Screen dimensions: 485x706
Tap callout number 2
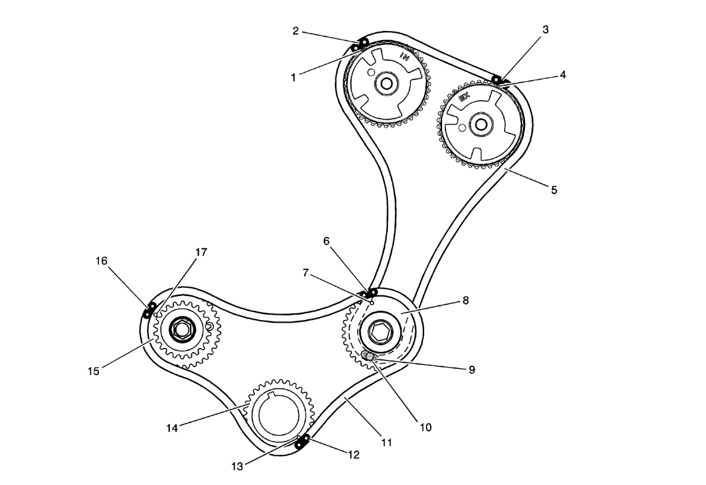(x=296, y=30)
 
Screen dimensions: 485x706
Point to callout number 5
(x=553, y=191)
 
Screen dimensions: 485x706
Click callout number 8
(x=465, y=301)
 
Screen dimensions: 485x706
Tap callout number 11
(x=387, y=442)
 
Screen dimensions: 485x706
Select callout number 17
(x=201, y=252)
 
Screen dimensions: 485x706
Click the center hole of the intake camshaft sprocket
(x=385, y=85)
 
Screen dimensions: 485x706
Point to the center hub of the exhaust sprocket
(x=480, y=125)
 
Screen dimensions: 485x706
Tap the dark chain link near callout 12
(x=303, y=442)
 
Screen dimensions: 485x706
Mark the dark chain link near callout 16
(x=149, y=310)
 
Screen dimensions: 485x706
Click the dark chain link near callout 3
(x=496, y=79)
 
